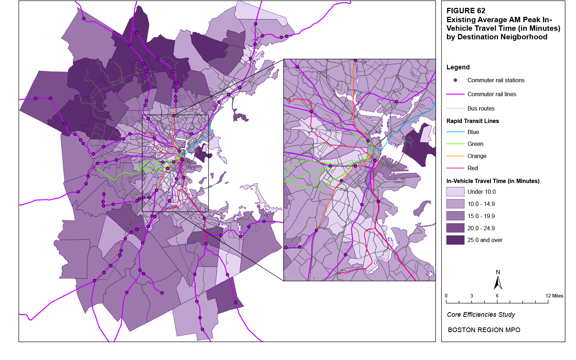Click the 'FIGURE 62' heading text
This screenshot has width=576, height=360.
coord(466,11)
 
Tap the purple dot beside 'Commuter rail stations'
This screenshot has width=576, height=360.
coord(455,80)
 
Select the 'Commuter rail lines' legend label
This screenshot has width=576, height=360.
coord(492,94)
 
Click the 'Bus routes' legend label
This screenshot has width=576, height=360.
coord(481,108)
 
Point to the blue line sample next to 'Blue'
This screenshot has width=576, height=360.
coord(455,132)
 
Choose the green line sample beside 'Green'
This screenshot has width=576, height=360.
coord(455,144)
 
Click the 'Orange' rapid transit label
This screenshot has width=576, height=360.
coord(477,156)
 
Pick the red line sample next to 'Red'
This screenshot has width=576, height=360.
coord(455,168)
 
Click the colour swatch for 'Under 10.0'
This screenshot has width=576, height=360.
coord(455,192)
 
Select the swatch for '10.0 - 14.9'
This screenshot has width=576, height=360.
coord(455,204)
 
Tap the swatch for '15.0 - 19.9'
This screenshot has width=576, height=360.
coord(455,216)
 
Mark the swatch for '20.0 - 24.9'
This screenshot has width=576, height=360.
coord(455,228)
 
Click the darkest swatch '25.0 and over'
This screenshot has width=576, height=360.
coord(455,240)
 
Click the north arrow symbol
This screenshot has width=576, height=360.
coord(498,282)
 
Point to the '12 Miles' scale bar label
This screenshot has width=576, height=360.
coord(554,296)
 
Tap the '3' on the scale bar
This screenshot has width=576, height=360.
coord(472,296)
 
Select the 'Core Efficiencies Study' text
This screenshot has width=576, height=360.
coord(481,315)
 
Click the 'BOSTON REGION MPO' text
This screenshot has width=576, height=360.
coord(484,330)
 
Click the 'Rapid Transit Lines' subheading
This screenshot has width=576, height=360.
coord(473,121)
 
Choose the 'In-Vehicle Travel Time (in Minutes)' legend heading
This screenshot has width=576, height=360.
coord(493,181)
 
